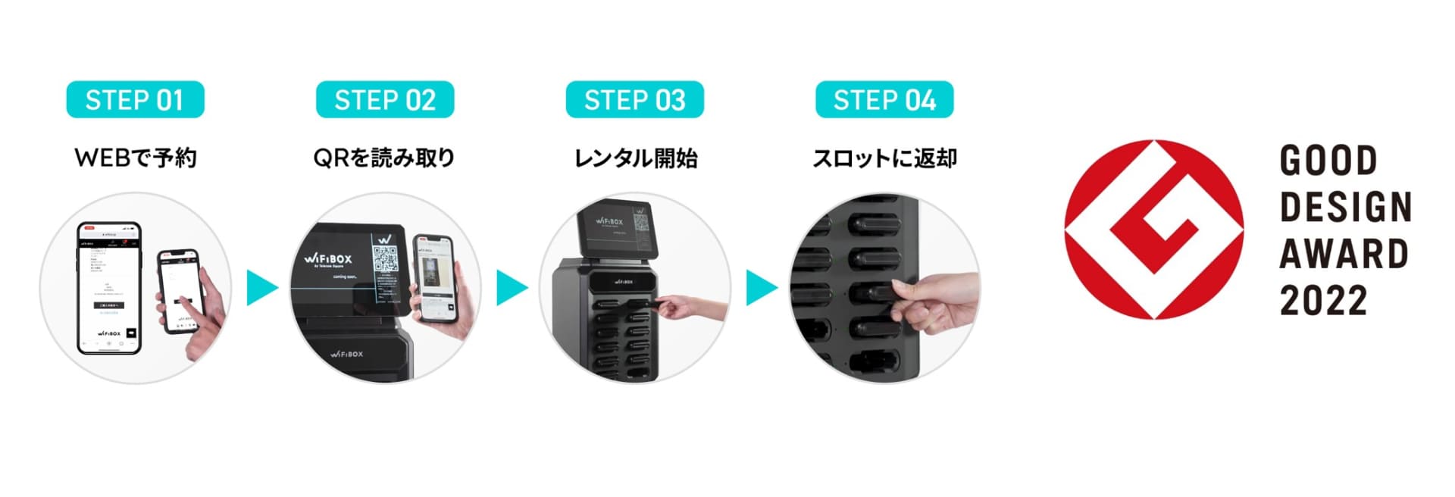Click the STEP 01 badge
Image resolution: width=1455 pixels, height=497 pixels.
point(135,100)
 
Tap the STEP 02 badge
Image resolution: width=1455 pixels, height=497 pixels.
point(385,100)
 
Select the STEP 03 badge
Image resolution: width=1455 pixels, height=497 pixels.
point(634,100)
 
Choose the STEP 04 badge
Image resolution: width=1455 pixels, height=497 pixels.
point(884,100)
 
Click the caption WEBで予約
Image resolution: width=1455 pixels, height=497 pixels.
point(136,158)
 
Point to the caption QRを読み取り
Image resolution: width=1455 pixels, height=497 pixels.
point(384,158)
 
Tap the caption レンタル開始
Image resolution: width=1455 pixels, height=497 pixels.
point(635,158)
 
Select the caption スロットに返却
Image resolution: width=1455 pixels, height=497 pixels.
point(884,158)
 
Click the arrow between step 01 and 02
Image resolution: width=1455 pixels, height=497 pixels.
point(261,287)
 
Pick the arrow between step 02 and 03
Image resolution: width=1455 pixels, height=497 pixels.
point(512,287)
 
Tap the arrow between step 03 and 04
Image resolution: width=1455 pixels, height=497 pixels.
point(761,287)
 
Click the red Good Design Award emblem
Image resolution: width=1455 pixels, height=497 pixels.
point(1153,229)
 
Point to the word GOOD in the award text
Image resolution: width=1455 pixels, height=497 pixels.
point(1328,161)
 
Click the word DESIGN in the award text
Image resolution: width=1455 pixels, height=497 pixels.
point(1346,207)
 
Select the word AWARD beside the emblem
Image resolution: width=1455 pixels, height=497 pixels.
point(1344,254)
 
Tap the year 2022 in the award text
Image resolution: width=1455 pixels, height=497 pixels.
point(1323,301)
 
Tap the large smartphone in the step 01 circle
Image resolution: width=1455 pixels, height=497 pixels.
point(110,288)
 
